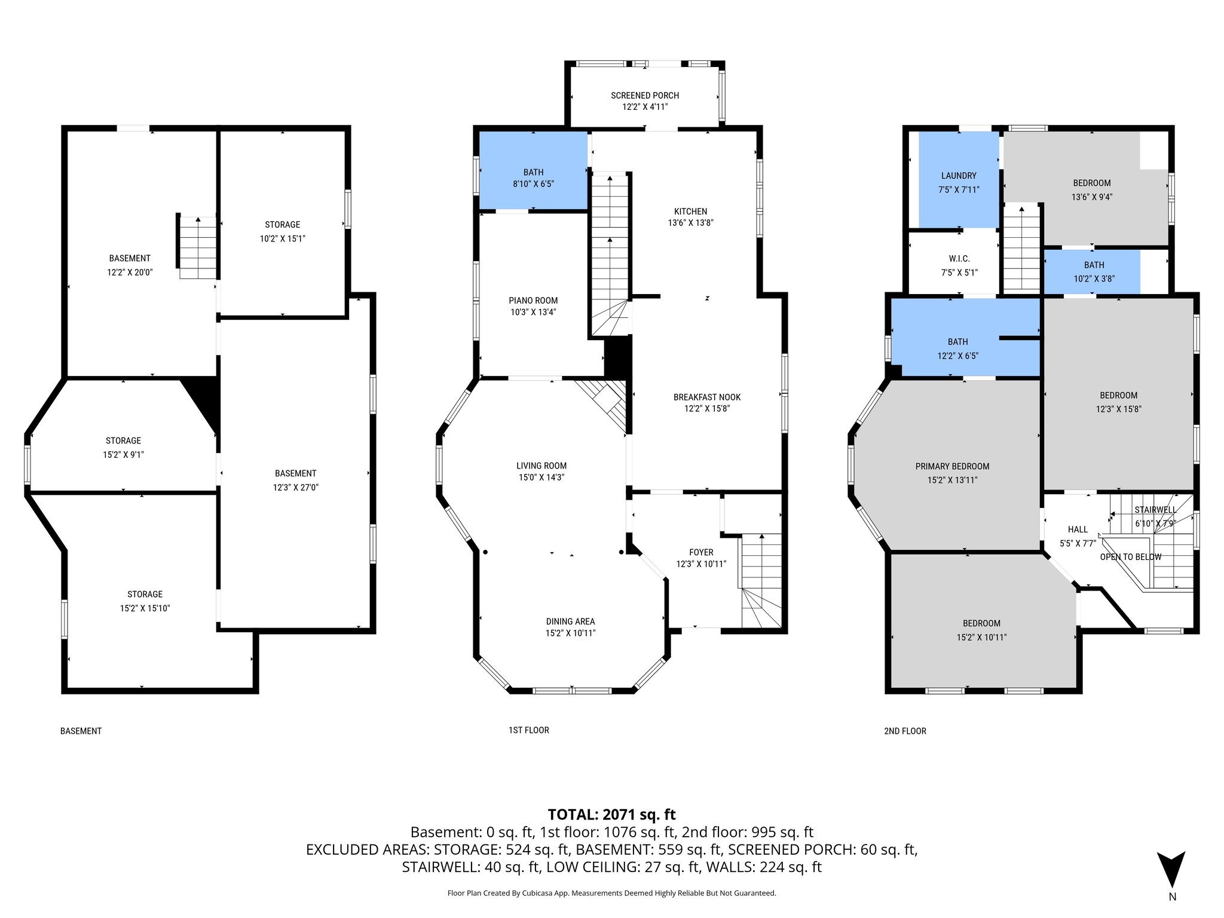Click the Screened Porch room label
[x=644, y=95]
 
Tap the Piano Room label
[x=533, y=301]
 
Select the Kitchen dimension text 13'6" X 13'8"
[x=690, y=223]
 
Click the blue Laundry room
[x=958, y=179]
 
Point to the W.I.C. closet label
[x=959, y=259]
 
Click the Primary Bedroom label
[x=952, y=466]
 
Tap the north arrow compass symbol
[x=1171, y=870]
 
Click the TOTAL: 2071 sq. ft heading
[x=611, y=814]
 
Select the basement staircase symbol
[x=197, y=247]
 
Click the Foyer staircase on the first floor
[x=761, y=580]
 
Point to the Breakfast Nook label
[x=706, y=397]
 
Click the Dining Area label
[x=570, y=621]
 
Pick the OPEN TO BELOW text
[x=1130, y=557]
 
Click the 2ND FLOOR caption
[x=905, y=731]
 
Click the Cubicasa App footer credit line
[x=611, y=893]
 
